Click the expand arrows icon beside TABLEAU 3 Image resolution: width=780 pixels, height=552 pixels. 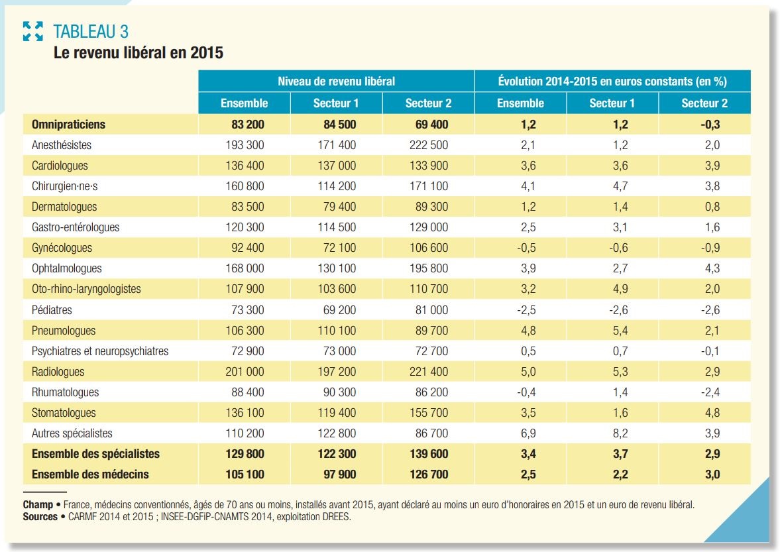pyautogui.click(x=33, y=31)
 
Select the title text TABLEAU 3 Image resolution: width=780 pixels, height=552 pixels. pyautogui.click(x=91, y=31)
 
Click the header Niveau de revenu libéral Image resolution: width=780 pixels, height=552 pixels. pyautogui.click(x=336, y=81)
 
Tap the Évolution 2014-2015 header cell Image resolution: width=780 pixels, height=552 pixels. pyautogui.click(x=612, y=81)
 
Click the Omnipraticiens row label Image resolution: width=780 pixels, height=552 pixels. pyautogui.click(x=69, y=125)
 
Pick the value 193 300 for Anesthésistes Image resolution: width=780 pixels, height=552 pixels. pyautogui.click(x=245, y=145)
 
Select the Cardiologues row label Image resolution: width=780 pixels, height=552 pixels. pyautogui.click(x=60, y=166)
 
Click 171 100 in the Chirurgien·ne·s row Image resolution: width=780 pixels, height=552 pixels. pyautogui.click(x=429, y=186)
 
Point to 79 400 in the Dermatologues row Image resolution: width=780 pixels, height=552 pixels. pyautogui.click(x=340, y=207)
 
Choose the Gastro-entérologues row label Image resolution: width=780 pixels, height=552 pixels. pyautogui.click(x=76, y=227)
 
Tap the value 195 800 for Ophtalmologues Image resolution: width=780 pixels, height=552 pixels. pyautogui.click(x=429, y=268)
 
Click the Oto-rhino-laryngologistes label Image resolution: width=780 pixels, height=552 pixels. pyautogui.click(x=87, y=289)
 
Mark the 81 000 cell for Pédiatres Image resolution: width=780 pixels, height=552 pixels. pyautogui.click(x=432, y=310)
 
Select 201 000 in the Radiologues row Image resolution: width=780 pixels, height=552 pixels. pyautogui.click(x=245, y=372)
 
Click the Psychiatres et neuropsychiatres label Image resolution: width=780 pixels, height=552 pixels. pyautogui.click(x=100, y=351)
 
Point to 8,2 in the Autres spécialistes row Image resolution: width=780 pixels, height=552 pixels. pyautogui.click(x=620, y=433)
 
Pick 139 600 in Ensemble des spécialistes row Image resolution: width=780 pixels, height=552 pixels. pyautogui.click(x=429, y=454)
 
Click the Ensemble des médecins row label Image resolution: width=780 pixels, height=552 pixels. pyautogui.click(x=90, y=474)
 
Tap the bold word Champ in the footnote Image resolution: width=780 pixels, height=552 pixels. pyautogui.click(x=38, y=505)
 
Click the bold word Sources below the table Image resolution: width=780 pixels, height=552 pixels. pyautogui.click(x=40, y=517)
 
